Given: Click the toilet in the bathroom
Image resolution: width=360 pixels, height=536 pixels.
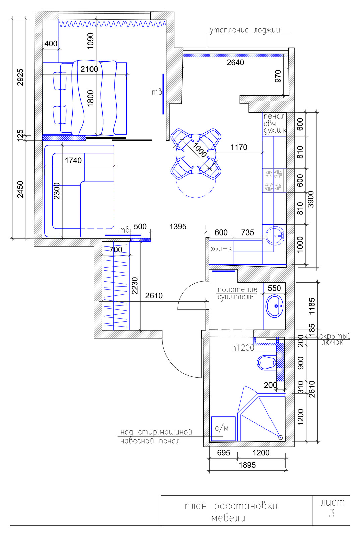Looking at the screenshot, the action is pos(267,362).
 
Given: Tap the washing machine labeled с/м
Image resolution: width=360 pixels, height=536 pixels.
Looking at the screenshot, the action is pos(223,428).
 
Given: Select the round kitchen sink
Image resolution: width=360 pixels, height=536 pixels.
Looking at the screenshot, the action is pos(275,236).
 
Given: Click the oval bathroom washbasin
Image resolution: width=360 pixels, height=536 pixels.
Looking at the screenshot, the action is pos(274,306).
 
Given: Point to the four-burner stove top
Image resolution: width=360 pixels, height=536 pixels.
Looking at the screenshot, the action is pos(274,180).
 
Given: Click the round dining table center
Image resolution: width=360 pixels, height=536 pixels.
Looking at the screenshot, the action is pos(196,154).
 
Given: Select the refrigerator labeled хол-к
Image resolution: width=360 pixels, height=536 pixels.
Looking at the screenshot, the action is pos(221,252).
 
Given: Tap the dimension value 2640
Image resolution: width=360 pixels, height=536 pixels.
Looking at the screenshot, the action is pos(235,62).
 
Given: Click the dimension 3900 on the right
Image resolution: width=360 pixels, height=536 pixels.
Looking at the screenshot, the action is pos(311,199).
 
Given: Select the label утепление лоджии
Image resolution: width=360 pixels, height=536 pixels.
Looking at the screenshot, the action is pos(245,30).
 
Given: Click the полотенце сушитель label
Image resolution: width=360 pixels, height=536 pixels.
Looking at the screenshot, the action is pos(237,293).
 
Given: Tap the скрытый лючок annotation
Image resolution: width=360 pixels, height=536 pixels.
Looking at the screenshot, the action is pos(334,339).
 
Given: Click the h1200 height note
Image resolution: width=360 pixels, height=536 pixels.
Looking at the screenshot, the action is pos(243,348).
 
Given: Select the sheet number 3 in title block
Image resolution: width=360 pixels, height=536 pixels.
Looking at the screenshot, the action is pos(332,513).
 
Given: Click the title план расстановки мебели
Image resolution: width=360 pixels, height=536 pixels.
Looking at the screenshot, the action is pos(231,512).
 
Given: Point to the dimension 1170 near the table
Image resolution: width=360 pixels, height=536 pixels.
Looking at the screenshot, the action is pos(239,147).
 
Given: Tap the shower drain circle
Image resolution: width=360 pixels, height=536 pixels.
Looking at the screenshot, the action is pos(281,438).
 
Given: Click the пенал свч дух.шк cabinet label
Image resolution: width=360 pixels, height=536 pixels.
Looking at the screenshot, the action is pos(275,124).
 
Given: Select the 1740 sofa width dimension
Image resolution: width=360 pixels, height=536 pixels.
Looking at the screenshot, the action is pos(73,160).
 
